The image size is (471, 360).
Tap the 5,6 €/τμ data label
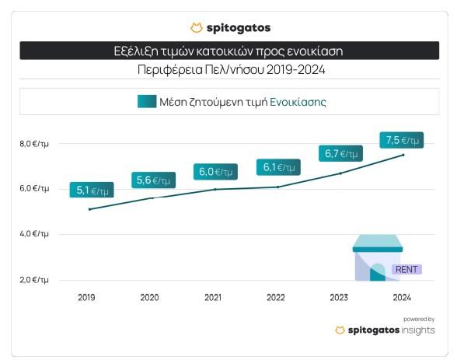click(153, 180)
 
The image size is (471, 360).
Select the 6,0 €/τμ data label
click(215, 171)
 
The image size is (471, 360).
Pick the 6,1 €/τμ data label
click(278, 166)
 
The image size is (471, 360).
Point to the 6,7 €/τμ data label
click(340, 153)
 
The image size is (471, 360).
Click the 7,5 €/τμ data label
click(403, 140)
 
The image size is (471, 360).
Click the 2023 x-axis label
click(340, 298)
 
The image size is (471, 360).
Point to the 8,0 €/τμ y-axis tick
click(35, 144)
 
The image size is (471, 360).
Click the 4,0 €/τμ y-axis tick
click(35, 234)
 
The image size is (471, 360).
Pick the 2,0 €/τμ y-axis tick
click(35, 279)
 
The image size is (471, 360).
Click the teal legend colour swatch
click(146, 101)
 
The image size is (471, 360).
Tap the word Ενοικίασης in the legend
click(298, 101)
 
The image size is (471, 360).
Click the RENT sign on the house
click(406, 270)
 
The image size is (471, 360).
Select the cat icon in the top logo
click(196, 28)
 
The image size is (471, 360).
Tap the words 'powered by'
click(419, 319)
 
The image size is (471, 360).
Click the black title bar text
click(229, 51)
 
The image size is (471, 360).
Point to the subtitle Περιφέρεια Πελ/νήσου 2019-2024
click(229, 70)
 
